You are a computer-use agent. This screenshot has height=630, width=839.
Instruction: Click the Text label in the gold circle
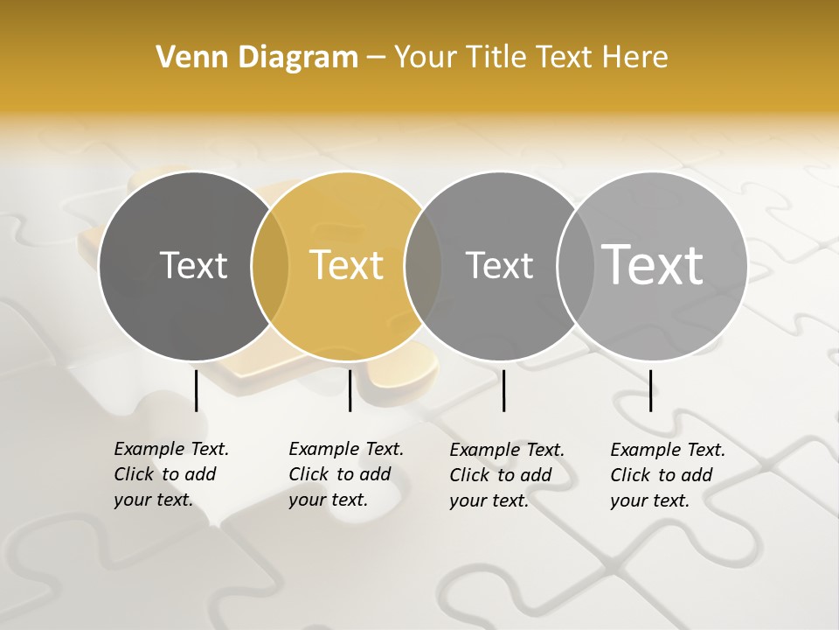(x=347, y=265)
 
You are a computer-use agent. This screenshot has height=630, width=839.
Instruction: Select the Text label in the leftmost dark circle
(x=193, y=265)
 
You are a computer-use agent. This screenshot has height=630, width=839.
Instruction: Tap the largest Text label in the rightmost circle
(x=653, y=264)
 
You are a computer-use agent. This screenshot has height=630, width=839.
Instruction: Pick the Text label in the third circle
(x=499, y=265)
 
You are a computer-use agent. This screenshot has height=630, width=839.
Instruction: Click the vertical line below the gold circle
(x=350, y=390)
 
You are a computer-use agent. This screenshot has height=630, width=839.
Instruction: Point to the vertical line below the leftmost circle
(x=196, y=390)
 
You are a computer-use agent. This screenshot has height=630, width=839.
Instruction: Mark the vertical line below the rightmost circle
(x=650, y=390)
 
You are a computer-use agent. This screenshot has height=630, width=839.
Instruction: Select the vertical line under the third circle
(x=503, y=390)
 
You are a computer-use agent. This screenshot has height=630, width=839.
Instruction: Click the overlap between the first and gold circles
(x=270, y=265)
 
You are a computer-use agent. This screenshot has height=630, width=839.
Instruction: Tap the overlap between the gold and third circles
(x=424, y=265)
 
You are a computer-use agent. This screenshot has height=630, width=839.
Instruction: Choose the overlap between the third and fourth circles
(x=576, y=265)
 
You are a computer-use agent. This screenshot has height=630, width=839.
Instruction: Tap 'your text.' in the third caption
(x=489, y=500)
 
